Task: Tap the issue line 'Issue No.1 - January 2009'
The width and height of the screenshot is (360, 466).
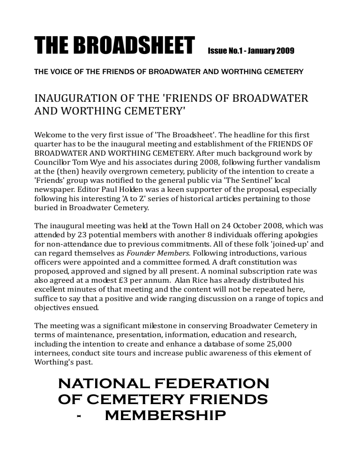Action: [251, 50]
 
